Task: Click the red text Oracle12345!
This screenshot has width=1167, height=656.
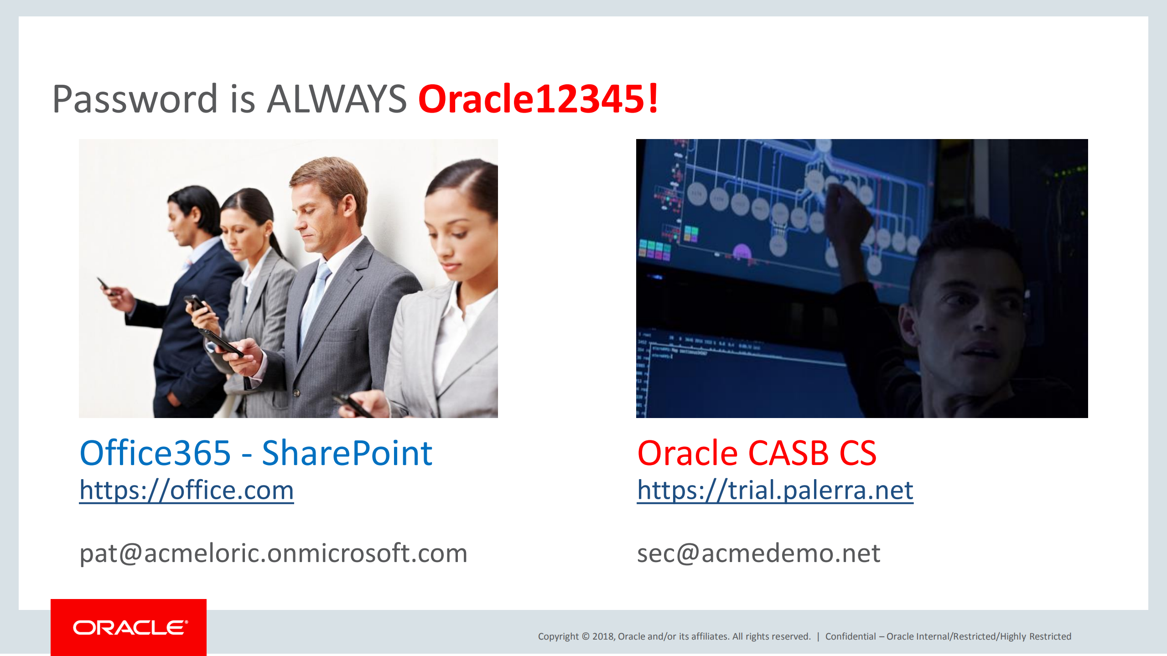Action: (x=538, y=99)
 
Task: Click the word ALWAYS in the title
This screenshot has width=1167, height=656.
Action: (x=337, y=99)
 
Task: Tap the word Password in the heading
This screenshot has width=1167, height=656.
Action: (x=135, y=99)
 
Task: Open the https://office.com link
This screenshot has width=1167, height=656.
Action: (x=187, y=491)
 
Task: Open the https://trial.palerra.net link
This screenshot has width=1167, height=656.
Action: (x=775, y=491)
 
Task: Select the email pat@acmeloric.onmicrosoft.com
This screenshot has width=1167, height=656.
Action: (x=273, y=553)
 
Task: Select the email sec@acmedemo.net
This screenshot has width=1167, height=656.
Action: (x=758, y=553)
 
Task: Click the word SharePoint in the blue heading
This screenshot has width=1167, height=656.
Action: (x=347, y=454)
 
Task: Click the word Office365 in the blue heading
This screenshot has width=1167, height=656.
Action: (x=155, y=454)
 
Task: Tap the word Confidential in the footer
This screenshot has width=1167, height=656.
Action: (x=851, y=636)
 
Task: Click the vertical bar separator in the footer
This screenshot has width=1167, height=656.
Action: (x=818, y=636)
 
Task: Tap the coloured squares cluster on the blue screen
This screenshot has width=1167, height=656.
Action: (x=654, y=249)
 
